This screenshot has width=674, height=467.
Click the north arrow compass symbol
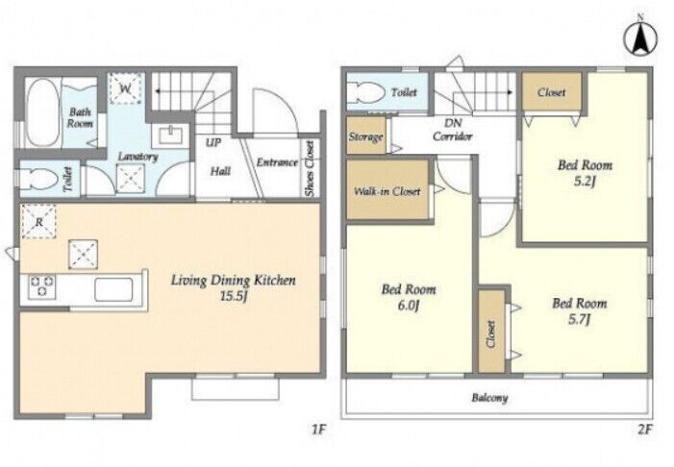click(640, 37)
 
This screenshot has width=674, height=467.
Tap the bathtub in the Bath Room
click(42, 112)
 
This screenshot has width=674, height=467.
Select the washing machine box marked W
click(126, 88)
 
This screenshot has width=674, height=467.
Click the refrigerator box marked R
click(38, 222)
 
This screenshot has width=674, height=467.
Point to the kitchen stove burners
click(41, 285)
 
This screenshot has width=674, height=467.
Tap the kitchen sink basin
click(113, 289)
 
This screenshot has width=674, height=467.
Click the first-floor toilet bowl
click(39, 179)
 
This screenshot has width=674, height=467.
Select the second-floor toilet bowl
click(366, 92)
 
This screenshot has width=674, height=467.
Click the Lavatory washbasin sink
click(171, 135)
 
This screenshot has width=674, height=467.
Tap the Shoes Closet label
click(310, 168)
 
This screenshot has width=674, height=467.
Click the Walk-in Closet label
click(387, 191)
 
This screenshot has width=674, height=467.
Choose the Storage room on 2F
click(366, 135)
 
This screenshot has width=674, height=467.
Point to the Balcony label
click(489, 398)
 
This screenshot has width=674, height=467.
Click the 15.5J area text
click(233, 296)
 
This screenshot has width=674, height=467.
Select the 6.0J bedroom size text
click(409, 306)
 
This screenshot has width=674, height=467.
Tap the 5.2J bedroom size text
click(585, 182)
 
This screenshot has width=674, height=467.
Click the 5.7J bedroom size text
click(579, 319)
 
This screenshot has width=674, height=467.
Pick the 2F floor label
click(645, 430)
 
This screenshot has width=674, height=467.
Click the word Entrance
click(277, 162)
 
